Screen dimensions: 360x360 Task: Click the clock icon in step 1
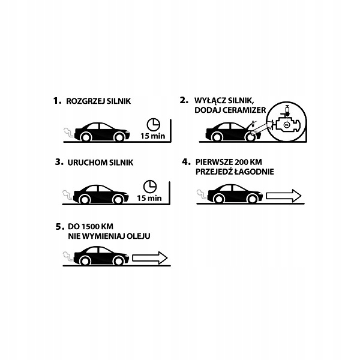click(x=154, y=125)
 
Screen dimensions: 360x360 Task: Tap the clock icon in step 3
click(x=150, y=187)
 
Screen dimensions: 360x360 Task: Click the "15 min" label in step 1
click(x=152, y=136)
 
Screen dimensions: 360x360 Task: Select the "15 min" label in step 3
click(x=149, y=198)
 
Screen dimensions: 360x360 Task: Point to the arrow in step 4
click(x=284, y=196)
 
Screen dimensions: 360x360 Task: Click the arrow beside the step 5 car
click(x=150, y=258)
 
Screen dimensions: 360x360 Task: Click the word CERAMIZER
click(x=244, y=110)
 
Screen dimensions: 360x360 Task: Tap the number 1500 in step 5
click(x=91, y=227)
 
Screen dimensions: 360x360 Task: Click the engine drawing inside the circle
click(x=286, y=124)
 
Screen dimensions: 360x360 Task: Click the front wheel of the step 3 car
click(x=118, y=200)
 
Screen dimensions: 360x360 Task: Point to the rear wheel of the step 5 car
click(x=85, y=261)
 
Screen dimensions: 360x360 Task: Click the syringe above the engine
click(x=286, y=110)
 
